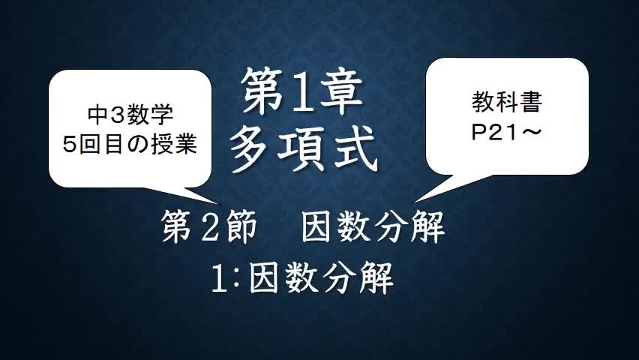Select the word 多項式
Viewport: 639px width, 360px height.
[303, 148]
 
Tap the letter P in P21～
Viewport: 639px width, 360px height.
[477, 131]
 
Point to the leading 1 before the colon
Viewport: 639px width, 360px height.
[219, 279]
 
